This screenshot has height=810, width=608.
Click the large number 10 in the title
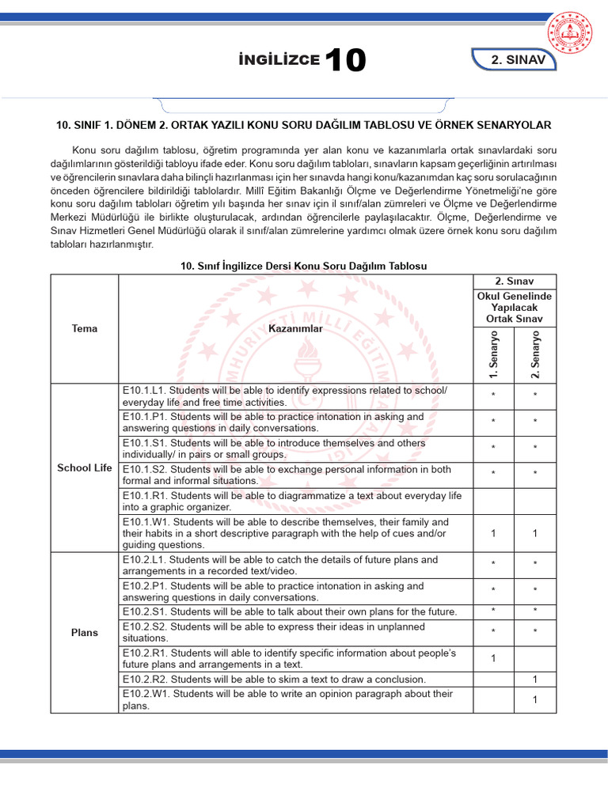[345, 61]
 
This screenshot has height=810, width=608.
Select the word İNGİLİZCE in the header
[279, 60]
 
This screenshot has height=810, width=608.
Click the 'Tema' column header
[84, 328]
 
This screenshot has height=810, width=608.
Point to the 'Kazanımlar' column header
[295, 328]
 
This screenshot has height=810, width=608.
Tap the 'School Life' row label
[85, 467]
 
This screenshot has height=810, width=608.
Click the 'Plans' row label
[85, 632]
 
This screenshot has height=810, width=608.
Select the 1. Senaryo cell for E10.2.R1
[493, 658]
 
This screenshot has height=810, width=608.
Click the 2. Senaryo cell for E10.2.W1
[535, 699]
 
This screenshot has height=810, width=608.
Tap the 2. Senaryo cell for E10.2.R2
[535, 679]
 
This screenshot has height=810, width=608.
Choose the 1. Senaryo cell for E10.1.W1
[493, 533]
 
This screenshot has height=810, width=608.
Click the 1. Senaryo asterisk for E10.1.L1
[493, 396]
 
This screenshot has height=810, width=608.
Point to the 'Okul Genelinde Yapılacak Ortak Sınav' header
[515, 307]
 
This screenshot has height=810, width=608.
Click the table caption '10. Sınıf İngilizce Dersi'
[304, 266]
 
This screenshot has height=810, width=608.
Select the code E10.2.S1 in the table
[144, 612]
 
